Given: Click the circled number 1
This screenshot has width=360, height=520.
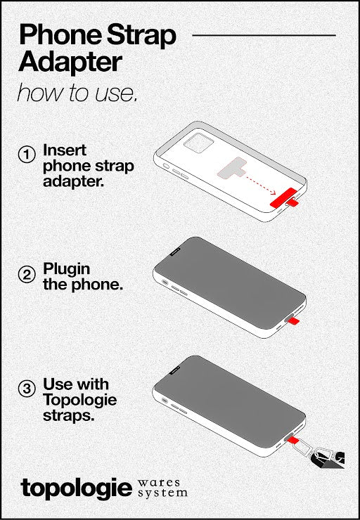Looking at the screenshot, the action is pos(26,155).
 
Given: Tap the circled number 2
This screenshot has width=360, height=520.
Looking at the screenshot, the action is pos(26,275).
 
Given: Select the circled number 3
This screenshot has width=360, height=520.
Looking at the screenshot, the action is pos(26,389).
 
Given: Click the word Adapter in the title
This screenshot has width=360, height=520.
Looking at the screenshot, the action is pos(71,63).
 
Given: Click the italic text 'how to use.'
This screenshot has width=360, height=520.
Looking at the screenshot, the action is pos(77,93).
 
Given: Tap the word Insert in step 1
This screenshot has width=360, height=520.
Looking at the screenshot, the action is pos(65,150).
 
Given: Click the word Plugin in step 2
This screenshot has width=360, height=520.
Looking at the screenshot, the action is pos(66,269).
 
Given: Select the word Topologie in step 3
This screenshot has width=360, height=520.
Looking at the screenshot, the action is pos(80,400).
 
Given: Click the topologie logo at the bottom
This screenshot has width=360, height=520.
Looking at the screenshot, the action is pos(77,488).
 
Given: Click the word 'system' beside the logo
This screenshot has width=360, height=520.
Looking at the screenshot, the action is pos(162,493).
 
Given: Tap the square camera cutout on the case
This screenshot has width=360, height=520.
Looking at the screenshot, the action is pos(198,143).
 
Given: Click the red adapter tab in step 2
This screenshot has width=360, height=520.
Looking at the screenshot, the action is pos(294,320).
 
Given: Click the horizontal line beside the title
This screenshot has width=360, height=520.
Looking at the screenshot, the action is pos(264,35).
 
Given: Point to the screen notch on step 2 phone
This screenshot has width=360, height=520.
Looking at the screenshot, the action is pos(175,252).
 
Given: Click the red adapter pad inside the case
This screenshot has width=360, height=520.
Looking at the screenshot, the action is pos(283,197).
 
